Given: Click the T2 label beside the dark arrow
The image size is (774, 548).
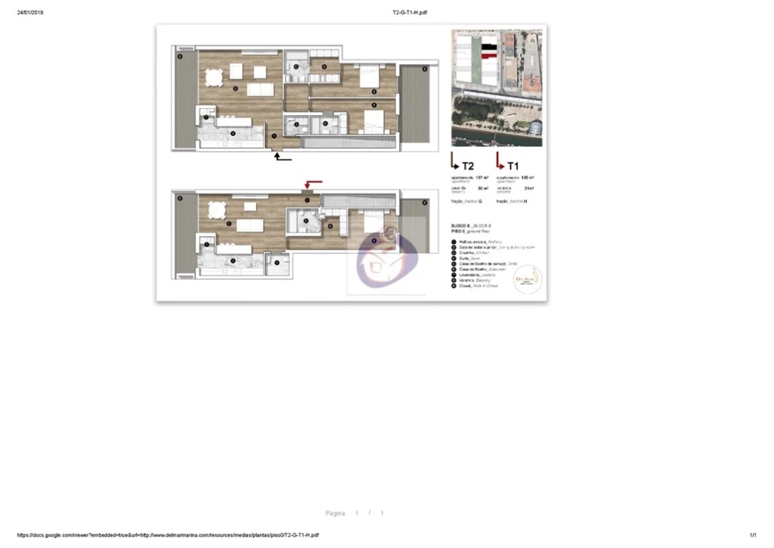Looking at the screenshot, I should point(468,166).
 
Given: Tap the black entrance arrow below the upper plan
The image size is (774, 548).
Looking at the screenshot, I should point(282,157).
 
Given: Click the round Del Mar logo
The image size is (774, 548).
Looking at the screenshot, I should point(528,279).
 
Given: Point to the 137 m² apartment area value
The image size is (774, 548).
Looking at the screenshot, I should point(482,177).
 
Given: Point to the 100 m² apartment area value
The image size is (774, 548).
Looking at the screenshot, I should point(527,177).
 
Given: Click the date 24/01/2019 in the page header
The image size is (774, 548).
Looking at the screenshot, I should point(30,12).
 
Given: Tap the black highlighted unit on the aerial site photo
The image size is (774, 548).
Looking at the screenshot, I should point(490,47).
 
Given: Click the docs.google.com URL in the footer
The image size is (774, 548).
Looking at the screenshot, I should point(167,535).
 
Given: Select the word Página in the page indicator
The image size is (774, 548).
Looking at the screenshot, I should point(335,513).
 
